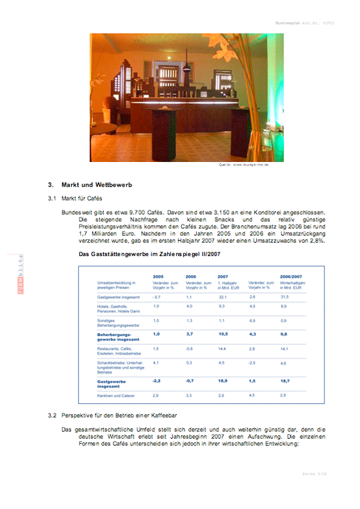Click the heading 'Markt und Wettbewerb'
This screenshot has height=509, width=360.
[97, 185]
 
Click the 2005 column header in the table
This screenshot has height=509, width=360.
[158, 275]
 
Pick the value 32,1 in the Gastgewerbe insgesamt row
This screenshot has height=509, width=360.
[223, 296]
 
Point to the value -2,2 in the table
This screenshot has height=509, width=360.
[156, 381]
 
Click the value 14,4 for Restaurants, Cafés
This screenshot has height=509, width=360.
[223, 348]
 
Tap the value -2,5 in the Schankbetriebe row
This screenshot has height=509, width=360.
[252, 363]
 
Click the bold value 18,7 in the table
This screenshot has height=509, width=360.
[285, 381]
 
